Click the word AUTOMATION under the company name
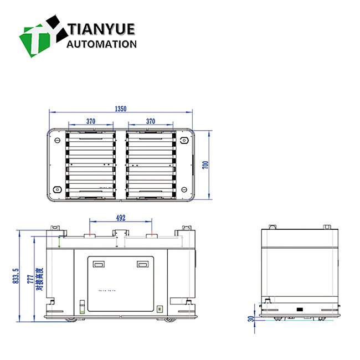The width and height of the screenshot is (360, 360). tap(101, 44)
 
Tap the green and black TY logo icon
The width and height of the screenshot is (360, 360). tap(41, 34)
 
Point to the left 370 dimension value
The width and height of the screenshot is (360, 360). tap(91, 121)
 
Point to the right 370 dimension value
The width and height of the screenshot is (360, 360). tap(151, 121)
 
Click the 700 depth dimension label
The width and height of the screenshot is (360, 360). tap(205, 164)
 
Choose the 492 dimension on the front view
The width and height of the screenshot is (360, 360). tap(121, 218)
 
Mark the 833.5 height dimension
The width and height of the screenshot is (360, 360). tap(16, 275)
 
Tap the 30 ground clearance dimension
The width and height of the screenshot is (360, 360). tap(250, 318)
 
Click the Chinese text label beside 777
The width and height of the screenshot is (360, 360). tap(39, 279)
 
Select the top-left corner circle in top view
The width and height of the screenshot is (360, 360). tap(56, 141)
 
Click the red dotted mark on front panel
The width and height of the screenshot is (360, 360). tap(106, 290)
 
